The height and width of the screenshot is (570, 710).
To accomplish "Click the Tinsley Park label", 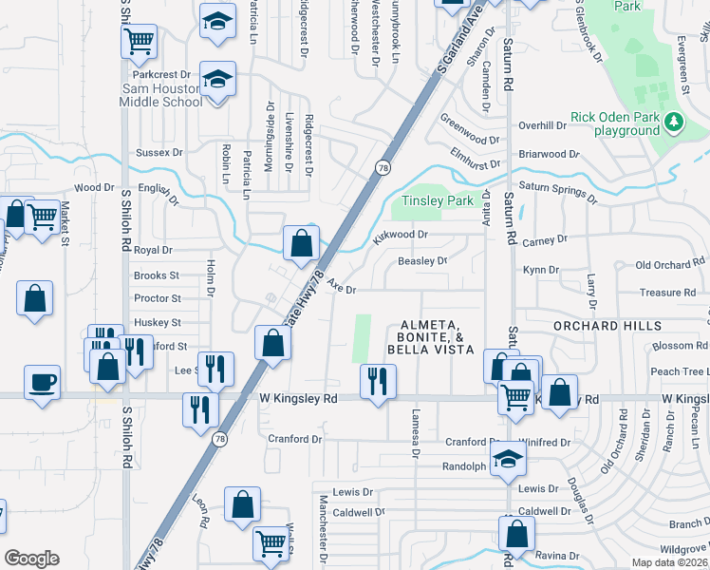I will (437, 200).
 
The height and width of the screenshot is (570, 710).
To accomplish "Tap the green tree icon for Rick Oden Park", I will (675, 122).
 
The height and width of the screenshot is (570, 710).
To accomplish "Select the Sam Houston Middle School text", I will (160, 95).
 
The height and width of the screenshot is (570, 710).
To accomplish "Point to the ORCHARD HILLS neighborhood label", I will (607, 326).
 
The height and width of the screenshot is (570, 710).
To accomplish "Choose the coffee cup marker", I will (42, 383).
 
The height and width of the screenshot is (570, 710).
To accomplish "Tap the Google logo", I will (31, 559).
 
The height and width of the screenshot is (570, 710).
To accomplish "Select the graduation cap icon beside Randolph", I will (509, 460).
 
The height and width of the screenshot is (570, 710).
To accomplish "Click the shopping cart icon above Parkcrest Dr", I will (140, 41).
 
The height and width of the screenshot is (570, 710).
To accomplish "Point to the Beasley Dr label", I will (421, 260).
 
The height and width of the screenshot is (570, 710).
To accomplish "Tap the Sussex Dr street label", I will (159, 152).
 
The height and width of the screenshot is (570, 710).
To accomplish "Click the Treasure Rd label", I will (667, 293).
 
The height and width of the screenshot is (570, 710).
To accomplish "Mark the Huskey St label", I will (158, 323).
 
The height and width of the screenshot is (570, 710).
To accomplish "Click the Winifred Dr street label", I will (544, 443).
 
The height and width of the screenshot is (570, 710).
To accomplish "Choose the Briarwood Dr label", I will (549, 154).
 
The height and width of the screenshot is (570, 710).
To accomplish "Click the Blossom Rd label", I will (674, 347).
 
